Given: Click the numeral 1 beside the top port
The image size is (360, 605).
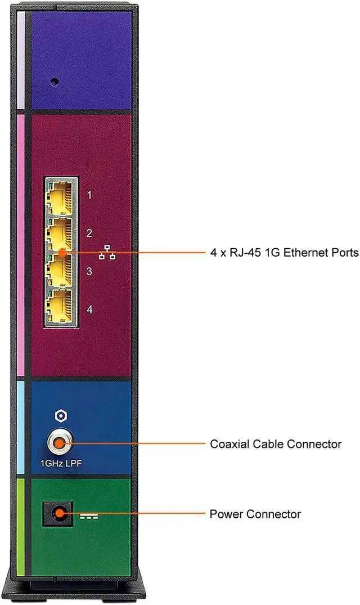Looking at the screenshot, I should [89, 196].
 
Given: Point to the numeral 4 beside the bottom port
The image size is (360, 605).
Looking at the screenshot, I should [89, 309].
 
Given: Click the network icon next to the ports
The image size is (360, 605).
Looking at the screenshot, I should [107, 254].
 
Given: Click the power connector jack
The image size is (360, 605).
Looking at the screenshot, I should [58, 514].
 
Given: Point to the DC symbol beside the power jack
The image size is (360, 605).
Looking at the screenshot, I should [88, 515].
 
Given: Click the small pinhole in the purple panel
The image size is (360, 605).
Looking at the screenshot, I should [54, 81].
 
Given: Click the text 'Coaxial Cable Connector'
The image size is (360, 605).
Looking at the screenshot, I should [276, 444].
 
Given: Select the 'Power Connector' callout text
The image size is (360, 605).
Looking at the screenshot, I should [255, 514].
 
